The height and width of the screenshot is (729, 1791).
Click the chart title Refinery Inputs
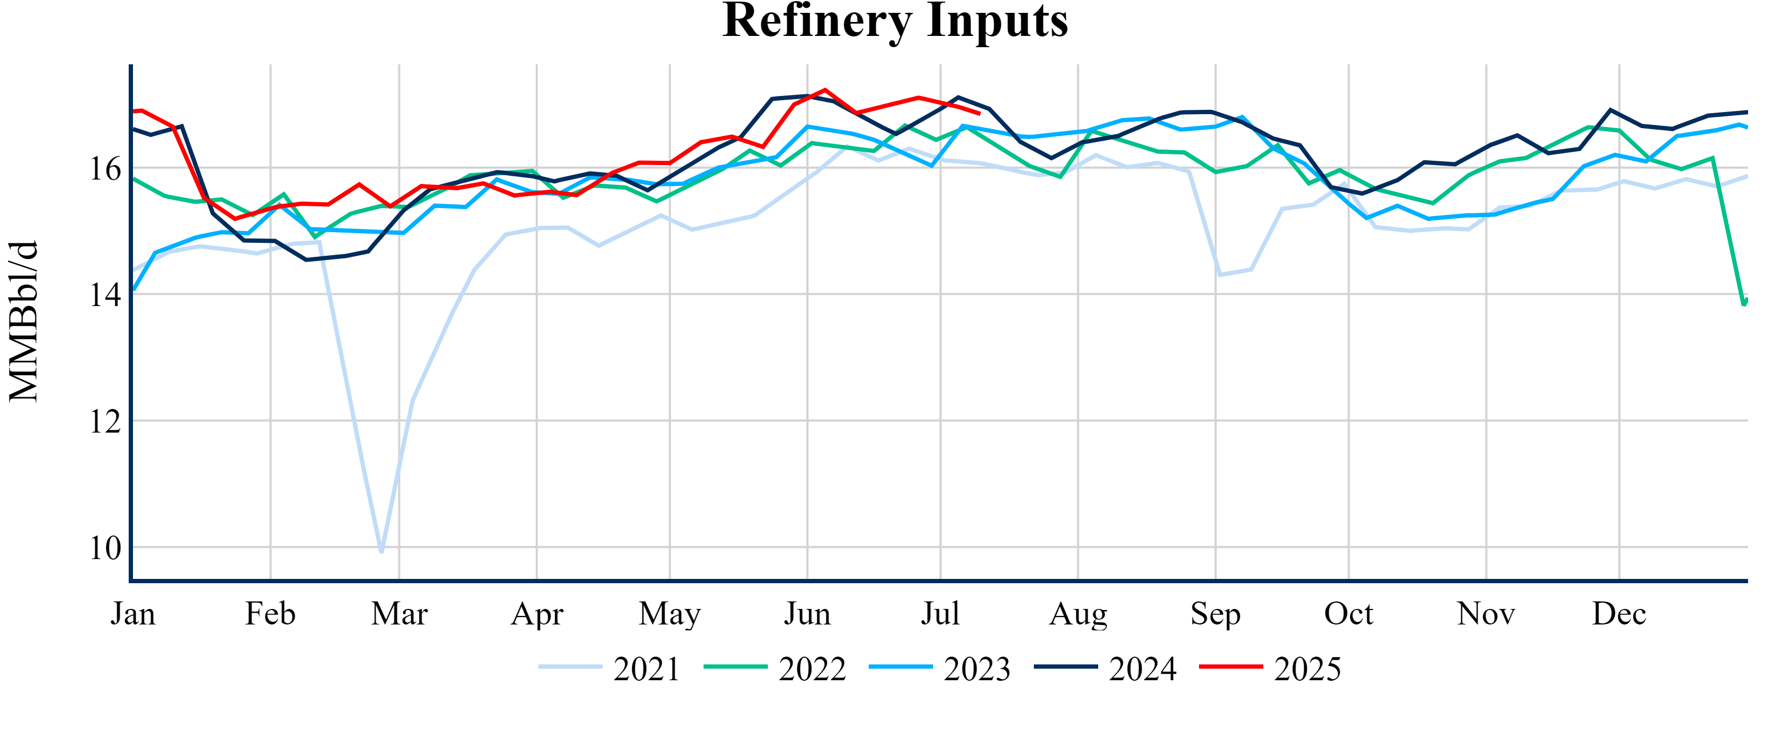point(895,21)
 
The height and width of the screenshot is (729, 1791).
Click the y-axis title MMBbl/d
point(24,321)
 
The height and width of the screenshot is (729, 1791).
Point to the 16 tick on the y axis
point(105,169)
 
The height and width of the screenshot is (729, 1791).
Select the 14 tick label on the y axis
point(105,295)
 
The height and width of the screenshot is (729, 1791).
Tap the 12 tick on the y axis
point(105,422)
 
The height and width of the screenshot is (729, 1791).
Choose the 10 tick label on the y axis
point(105,548)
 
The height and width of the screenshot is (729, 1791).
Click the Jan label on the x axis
point(133,614)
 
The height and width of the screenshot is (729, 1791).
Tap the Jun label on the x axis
point(807,614)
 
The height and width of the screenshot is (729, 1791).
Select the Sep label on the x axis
point(1215,614)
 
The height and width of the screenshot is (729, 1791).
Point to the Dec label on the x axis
point(1619,614)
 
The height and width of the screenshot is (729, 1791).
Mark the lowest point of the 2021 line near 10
point(382,552)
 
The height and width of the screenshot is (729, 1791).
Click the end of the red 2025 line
point(980,113)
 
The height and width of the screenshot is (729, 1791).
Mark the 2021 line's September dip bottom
point(1219,275)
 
